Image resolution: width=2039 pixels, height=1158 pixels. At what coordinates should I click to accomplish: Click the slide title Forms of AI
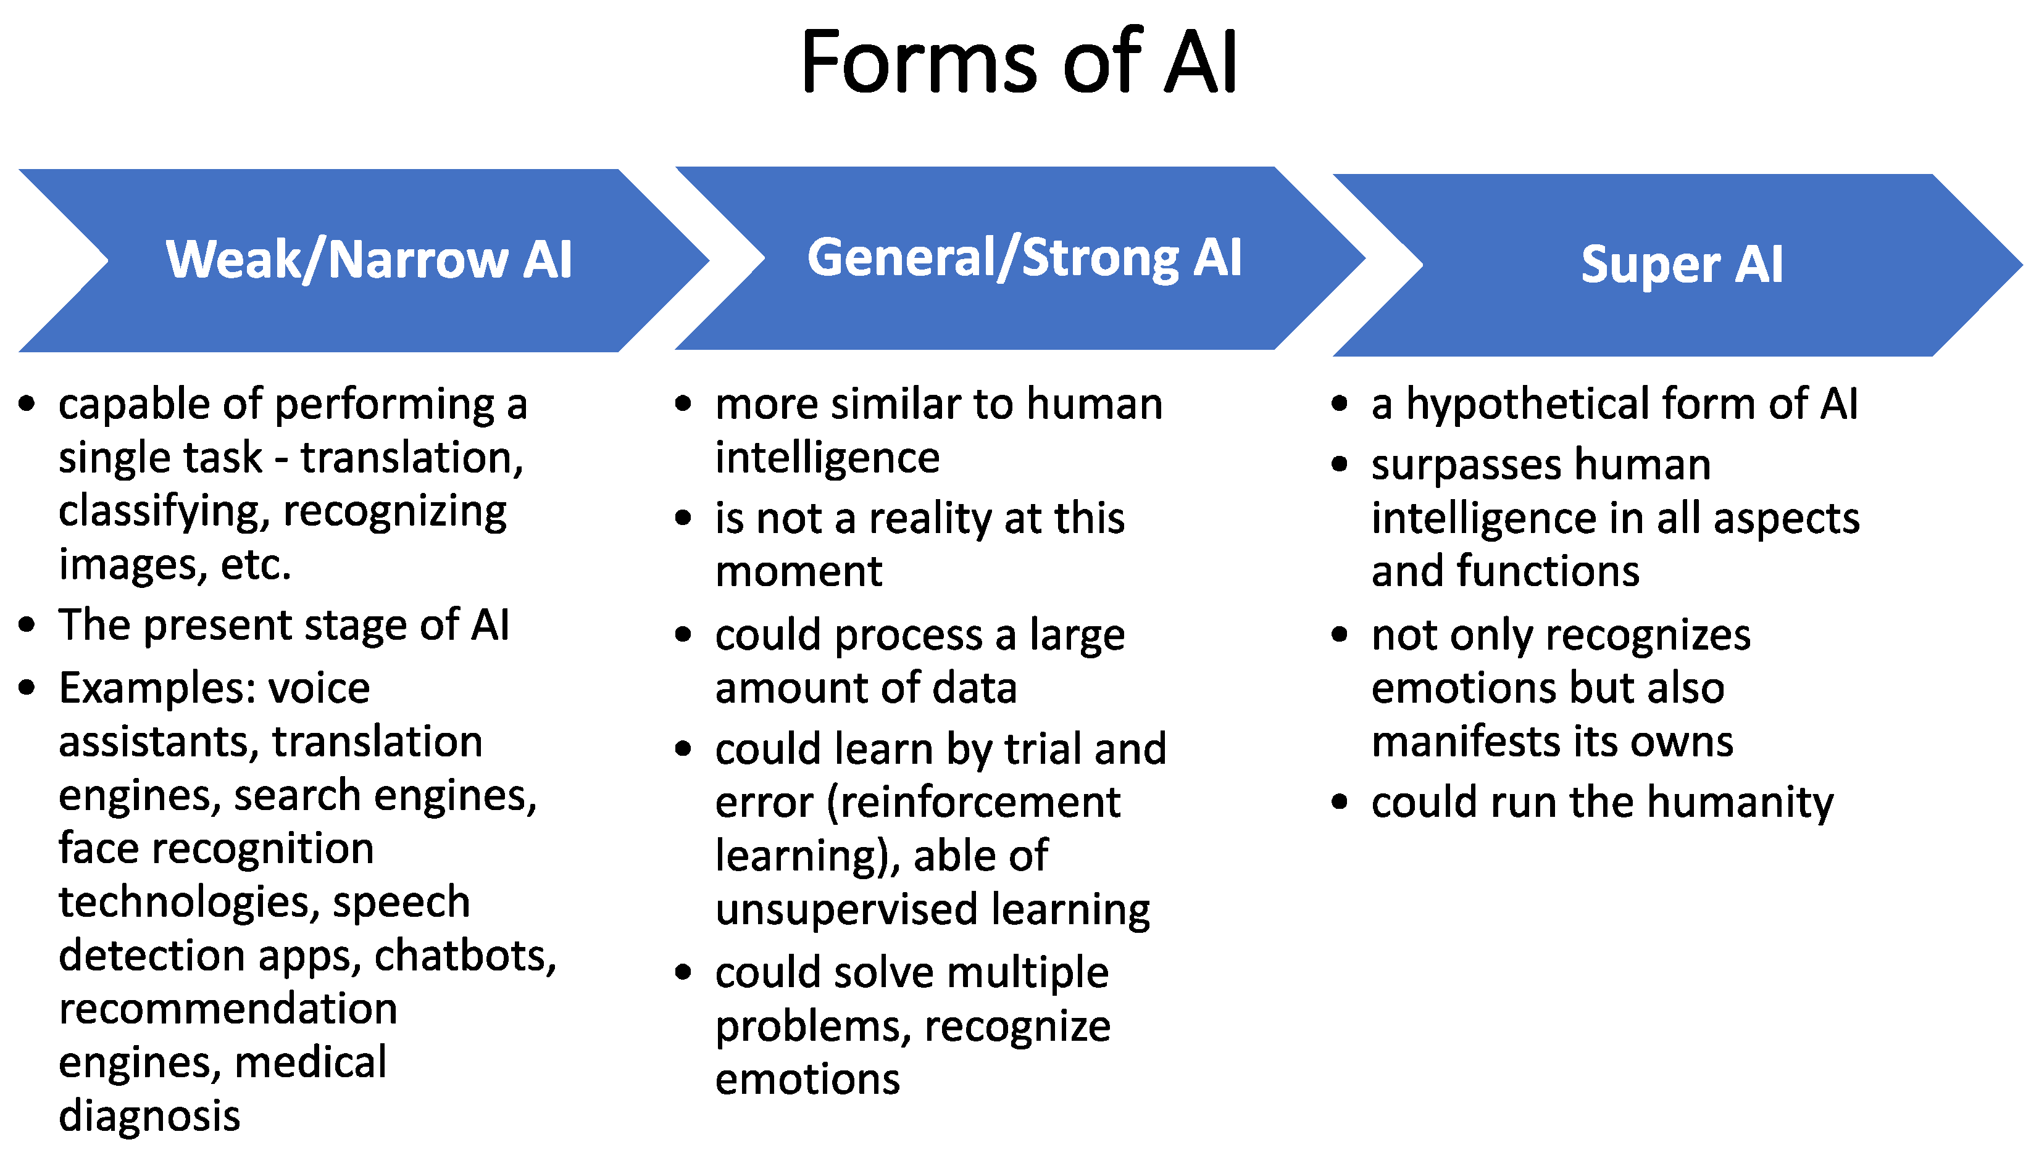coord(1019,62)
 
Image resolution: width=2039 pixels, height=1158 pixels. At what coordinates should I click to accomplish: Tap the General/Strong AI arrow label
coord(1024,258)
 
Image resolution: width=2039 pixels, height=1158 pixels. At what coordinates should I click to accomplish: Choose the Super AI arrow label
coord(1681,264)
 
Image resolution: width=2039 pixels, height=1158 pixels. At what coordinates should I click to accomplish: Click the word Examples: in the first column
coord(157,688)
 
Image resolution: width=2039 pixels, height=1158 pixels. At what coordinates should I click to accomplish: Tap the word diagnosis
coord(149,1117)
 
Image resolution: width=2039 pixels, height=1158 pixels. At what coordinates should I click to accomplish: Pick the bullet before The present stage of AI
coord(27,624)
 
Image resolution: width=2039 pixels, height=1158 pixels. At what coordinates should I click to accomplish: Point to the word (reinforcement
coord(972,803)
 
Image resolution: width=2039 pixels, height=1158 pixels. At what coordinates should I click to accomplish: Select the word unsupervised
coord(846,910)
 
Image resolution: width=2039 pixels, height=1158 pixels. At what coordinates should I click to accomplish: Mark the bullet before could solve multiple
coord(683,972)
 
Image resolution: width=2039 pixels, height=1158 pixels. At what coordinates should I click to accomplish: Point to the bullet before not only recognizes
coord(1340,635)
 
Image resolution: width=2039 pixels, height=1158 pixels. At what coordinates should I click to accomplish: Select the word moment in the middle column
coord(798,572)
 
